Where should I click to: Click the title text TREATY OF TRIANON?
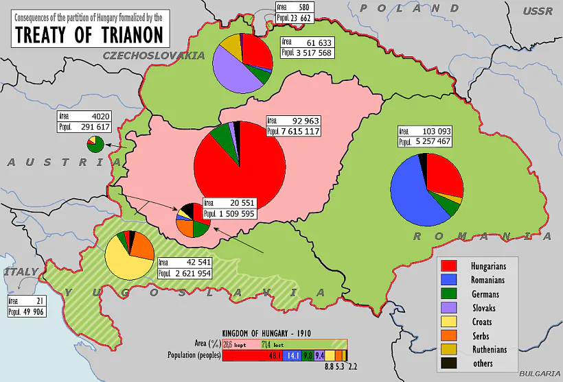[88, 34]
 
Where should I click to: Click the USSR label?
[537, 11]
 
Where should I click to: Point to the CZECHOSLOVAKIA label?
[154, 55]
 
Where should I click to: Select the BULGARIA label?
[540, 373]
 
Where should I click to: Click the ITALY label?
[21, 272]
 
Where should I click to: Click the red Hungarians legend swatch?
[449, 265]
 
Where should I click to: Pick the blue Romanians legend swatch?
[449, 280]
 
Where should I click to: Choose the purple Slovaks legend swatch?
[449, 308]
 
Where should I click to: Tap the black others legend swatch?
[449, 363]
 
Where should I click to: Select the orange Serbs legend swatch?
[449, 335]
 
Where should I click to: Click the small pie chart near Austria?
[95, 144]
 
